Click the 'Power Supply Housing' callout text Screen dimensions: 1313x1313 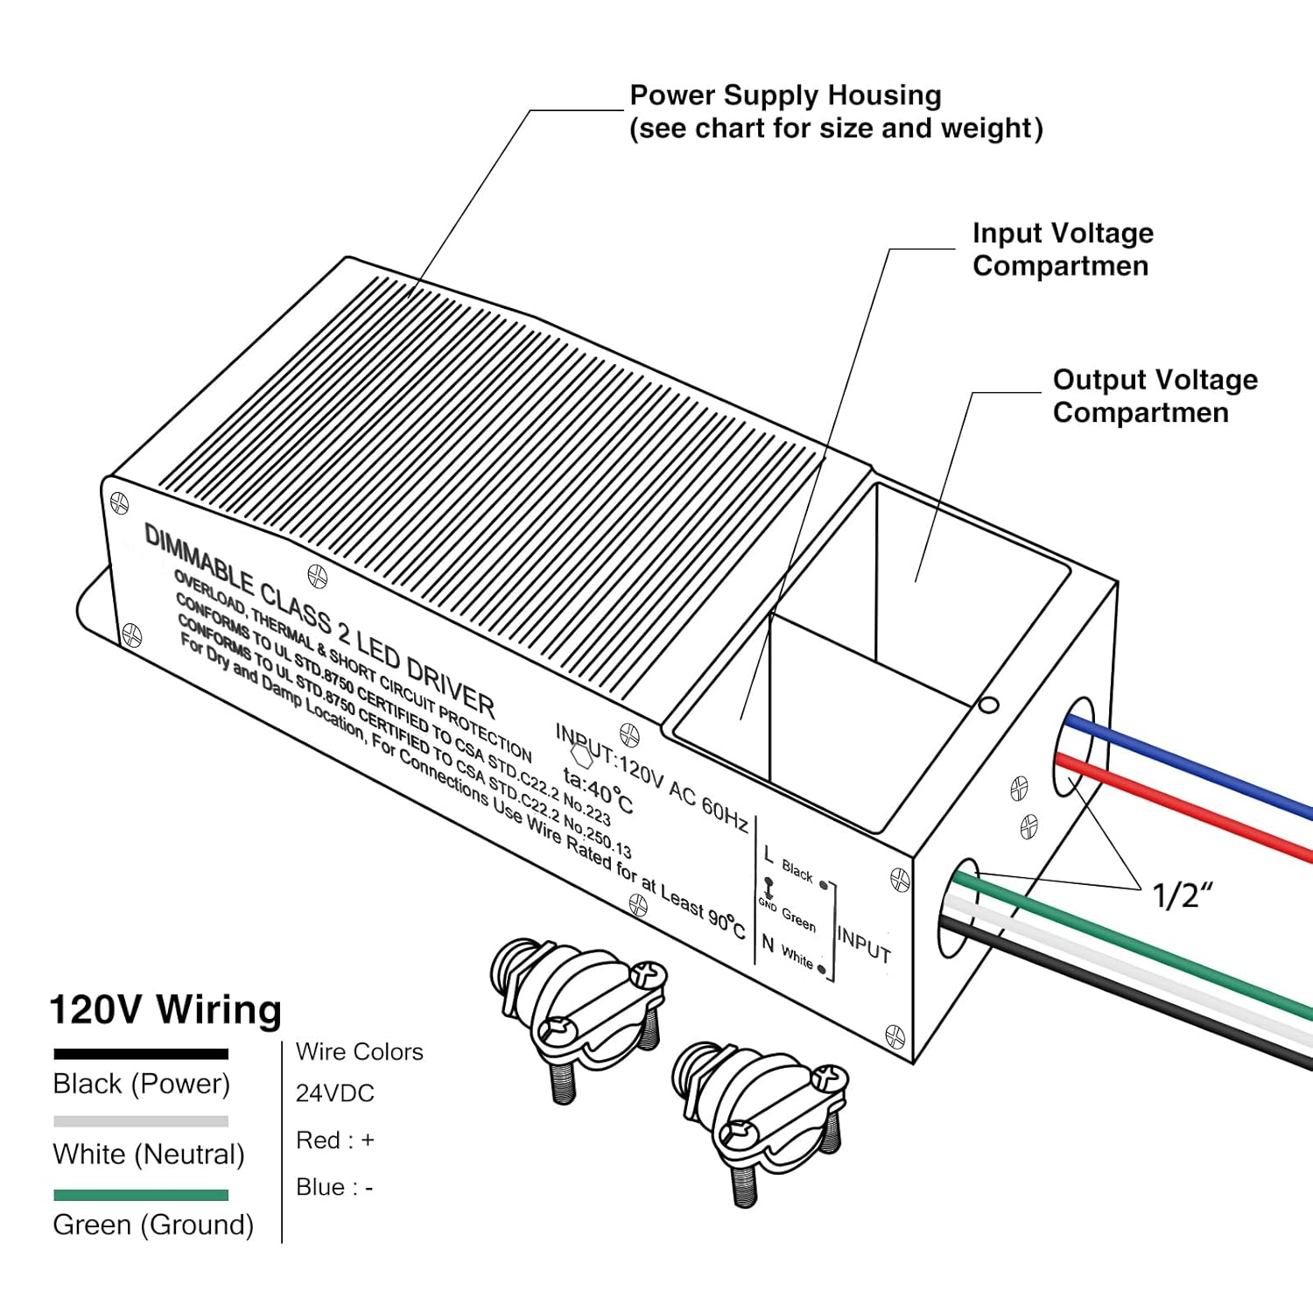[785, 95]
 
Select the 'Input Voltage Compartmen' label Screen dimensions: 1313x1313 [1062, 249]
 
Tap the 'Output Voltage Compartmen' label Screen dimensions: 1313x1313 [1154, 396]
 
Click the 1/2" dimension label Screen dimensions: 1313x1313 [1182, 895]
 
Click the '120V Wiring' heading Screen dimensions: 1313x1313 [165, 1009]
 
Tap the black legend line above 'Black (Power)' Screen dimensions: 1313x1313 [140, 1054]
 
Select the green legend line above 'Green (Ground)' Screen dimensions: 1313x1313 [140, 1195]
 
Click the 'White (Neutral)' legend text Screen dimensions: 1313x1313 [148, 1155]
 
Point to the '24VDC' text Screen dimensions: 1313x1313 [334, 1093]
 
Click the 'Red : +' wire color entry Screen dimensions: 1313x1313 [334, 1141]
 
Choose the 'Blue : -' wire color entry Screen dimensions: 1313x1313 [334, 1188]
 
